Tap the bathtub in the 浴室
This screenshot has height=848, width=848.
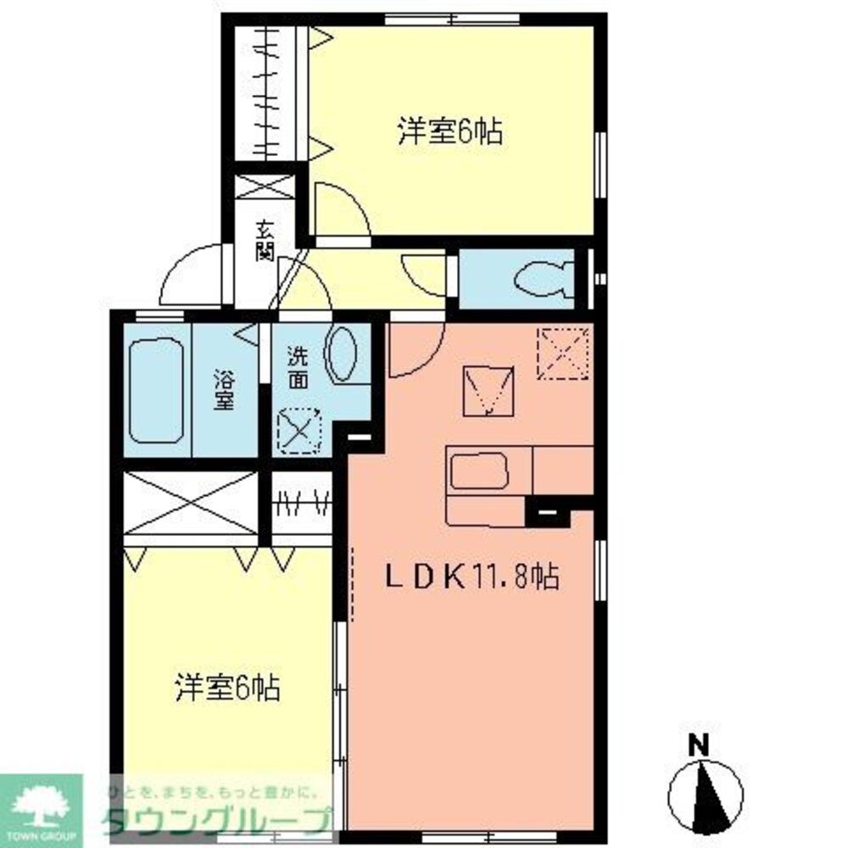pyautogui.click(x=157, y=392)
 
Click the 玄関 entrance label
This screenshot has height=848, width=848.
pyautogui.click(x=265, y=240)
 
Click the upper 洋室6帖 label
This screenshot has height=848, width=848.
pyautogui.click(x=450, y=132)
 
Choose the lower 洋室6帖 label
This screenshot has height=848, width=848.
pyautogui.click(x=227, y=687)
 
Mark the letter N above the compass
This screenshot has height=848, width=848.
pyautogui.click(x=698, y=746)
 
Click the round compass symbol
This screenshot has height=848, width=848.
pyautogui.click(x=706, y=797)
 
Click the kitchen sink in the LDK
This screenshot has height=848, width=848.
pyautogui.click(x=479, y=471)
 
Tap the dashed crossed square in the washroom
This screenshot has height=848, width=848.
pyautogui.click(x=299, y=430)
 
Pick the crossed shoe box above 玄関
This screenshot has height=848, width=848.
pyautogui.click(x=265, y=187)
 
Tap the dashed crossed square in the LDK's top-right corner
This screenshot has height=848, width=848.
pyautogui.click(x=563, y=350)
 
